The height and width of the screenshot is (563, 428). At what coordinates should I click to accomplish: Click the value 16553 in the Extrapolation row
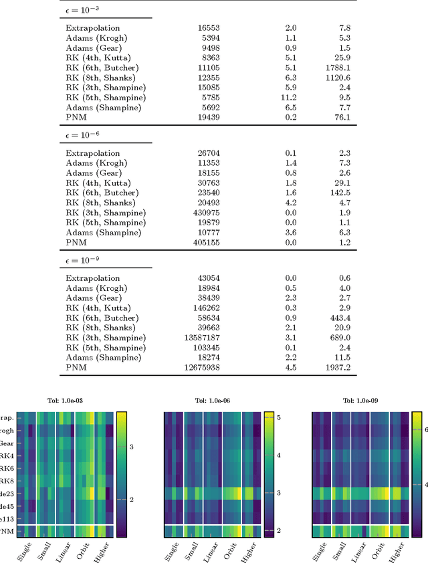pyautogui.click(x=209, y=28)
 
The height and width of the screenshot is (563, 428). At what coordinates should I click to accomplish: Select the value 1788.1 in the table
pyautogui.click(x=336, y=68)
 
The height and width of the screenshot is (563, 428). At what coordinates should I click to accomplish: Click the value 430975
pyautogui.click(x=205, y=213)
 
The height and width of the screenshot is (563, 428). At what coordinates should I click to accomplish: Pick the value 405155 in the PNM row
pyautogui.click(x=205, y=243)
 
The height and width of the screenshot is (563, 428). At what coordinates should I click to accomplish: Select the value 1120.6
pyautogui.click(x=336, y=78)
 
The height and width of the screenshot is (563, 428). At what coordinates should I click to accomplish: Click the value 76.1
pyautogui.click(x=340, y=118)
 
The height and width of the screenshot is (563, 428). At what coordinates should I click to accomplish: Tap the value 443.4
pyautogui.click(x=338, y=318)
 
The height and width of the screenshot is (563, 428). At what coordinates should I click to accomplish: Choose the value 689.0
pyautogui.click(x=338, y=338)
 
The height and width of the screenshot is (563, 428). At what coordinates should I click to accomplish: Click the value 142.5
pyautogui.click(x=338, y=193)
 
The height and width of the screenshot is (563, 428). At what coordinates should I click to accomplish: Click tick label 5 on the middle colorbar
pyautogui.click(x=278, y=417)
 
